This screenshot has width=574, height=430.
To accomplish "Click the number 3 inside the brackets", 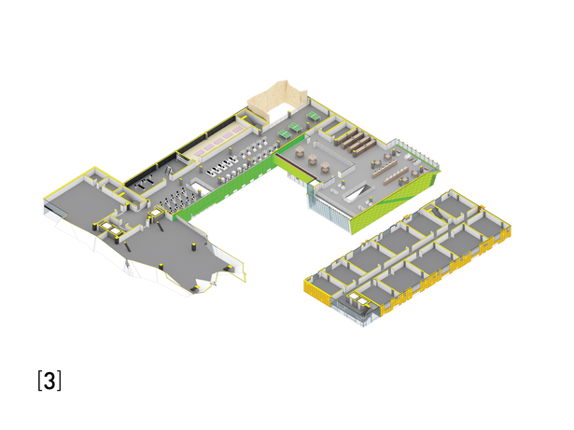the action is point(49,381).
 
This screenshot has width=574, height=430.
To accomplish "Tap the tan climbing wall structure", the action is point(276,98).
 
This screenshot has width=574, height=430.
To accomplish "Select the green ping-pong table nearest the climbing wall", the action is point(314,116).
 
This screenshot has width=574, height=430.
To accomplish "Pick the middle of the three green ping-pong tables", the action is point(296,128).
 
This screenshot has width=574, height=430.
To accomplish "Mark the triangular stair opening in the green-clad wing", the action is point(359,191).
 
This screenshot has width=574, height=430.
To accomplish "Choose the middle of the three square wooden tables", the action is point(313,159).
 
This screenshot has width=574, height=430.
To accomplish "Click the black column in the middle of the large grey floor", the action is point(193,247).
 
